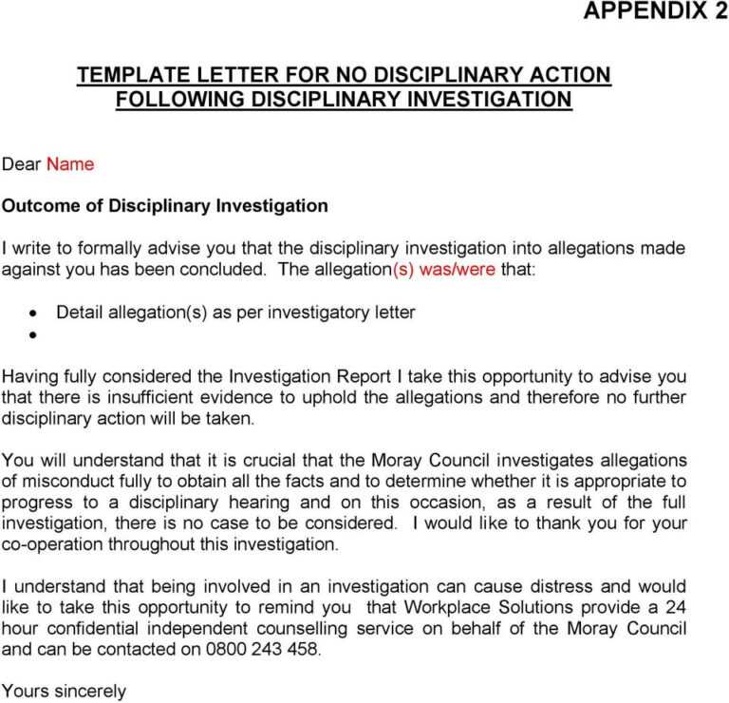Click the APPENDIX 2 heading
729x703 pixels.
(x=655, y=11)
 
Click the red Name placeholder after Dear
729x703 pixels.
(x=70, y=164)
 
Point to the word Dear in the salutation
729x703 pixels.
(x=21, y=164)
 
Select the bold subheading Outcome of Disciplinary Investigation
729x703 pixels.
(x=164, y=205)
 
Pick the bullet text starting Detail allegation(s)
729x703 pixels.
(x=235, y=312)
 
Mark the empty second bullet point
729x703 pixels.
(x=33, y=335)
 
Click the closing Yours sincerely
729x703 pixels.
(x=64, y=692)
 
